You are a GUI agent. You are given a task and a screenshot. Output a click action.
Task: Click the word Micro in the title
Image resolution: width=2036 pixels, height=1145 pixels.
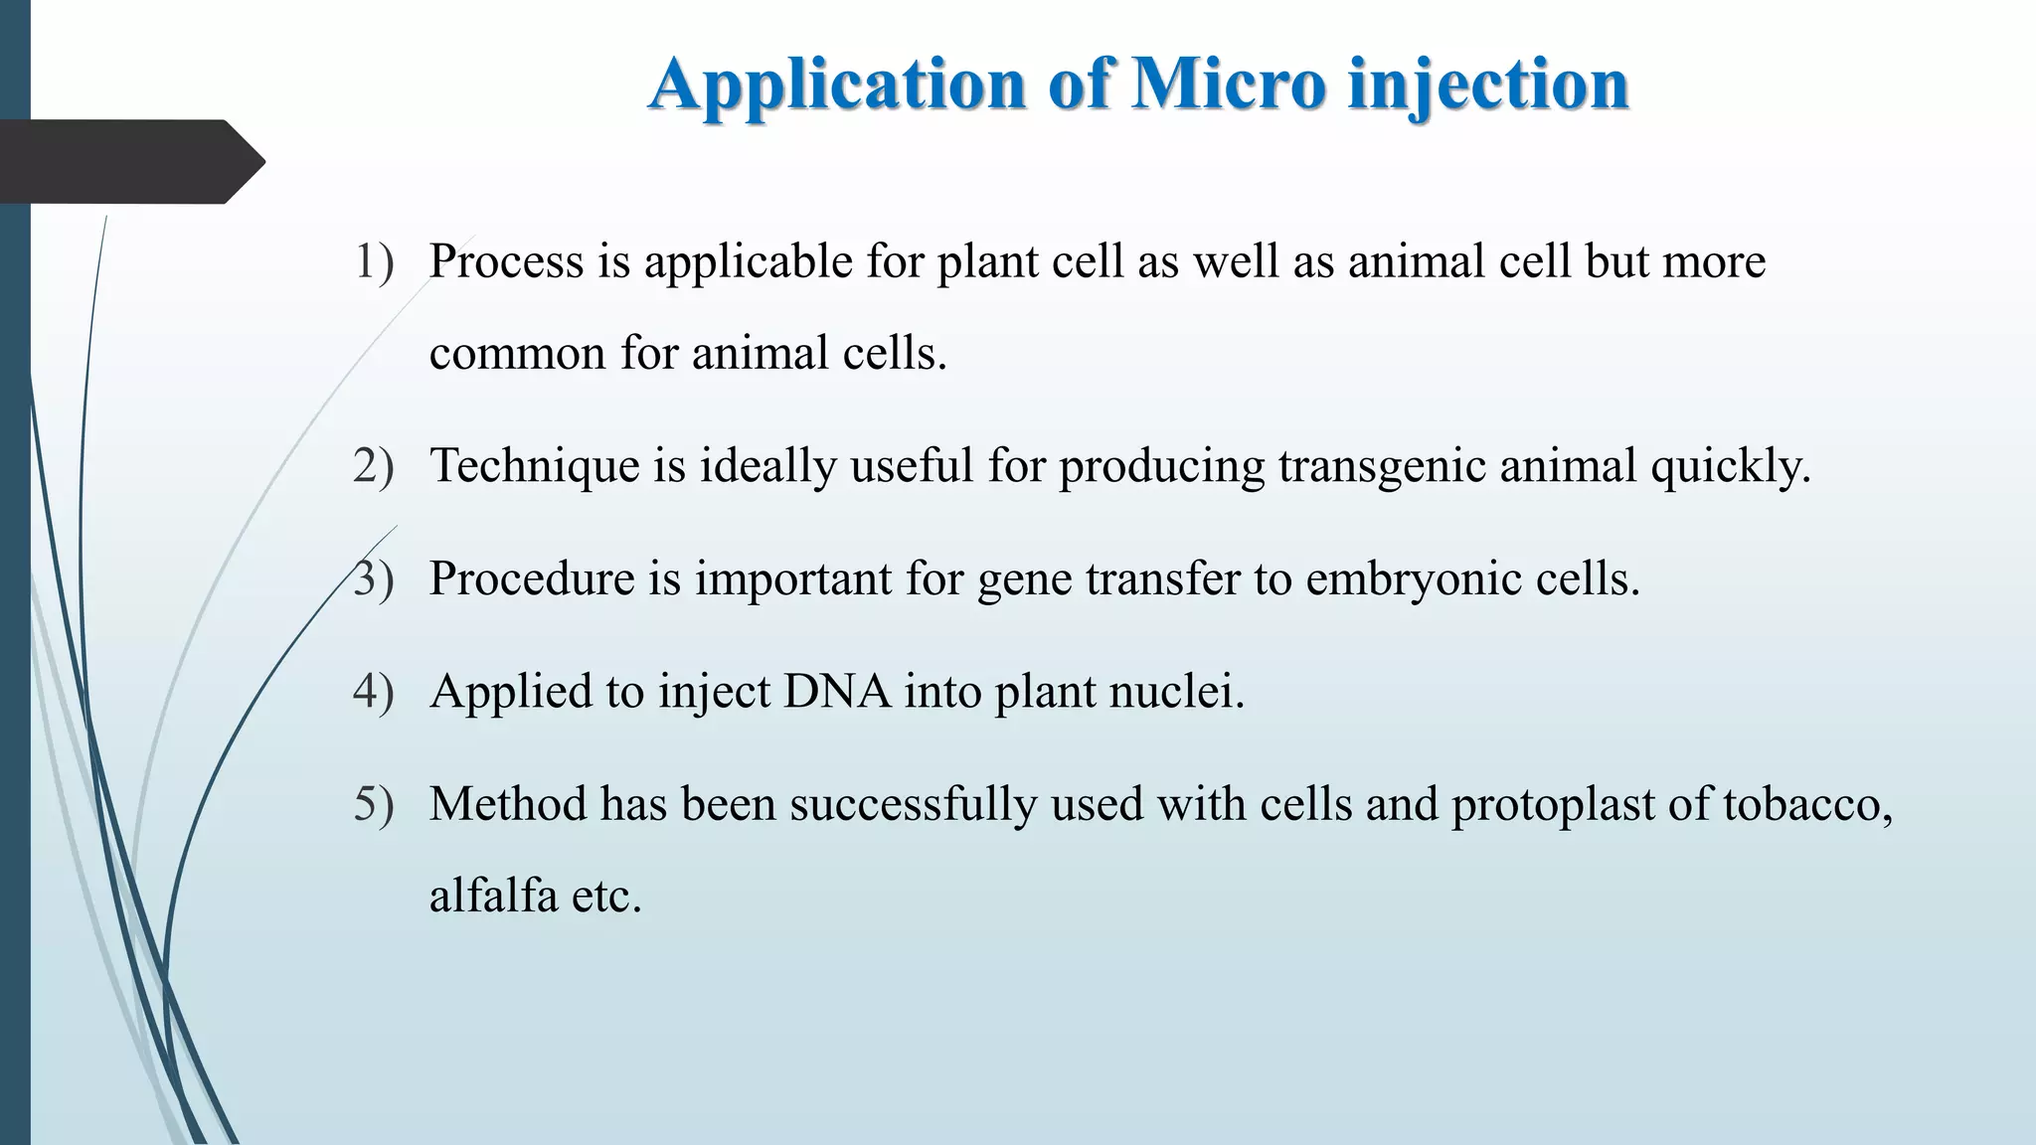(1229, 83)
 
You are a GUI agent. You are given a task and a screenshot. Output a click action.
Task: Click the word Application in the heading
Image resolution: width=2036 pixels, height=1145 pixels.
(837, 85)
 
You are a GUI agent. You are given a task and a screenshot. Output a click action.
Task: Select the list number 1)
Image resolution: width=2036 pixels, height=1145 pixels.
(374, 262)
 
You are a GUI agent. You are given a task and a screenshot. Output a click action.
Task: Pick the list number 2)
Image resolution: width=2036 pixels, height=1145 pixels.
(374, 466)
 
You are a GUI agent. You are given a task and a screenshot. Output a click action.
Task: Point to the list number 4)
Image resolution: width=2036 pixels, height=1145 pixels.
(374, 692)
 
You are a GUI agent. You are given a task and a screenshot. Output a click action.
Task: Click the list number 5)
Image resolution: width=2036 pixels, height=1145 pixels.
(374, 804)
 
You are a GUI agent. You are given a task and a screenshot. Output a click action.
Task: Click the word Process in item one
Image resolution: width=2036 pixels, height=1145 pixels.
(506, 262)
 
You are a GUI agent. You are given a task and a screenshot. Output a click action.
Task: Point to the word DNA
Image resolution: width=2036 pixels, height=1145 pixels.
(837, 691)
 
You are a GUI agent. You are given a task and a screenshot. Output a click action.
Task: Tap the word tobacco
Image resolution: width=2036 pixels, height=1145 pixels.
(1806, 804)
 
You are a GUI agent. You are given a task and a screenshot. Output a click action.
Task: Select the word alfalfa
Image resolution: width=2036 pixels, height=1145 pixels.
(493, 896)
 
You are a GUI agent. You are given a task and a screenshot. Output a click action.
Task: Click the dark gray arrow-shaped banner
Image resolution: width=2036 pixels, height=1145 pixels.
(129, 162)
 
